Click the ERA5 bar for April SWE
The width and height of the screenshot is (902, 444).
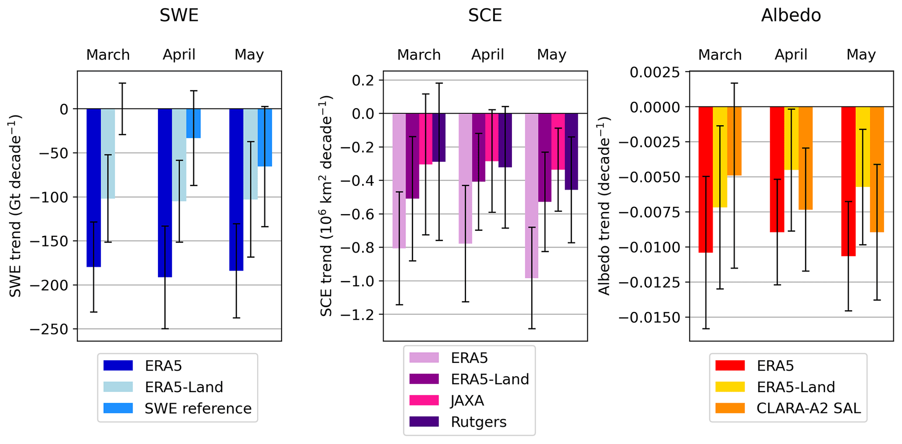165,192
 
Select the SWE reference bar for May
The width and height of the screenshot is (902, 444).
264,137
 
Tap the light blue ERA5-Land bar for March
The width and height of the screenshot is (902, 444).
108,153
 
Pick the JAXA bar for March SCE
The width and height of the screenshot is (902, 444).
425,139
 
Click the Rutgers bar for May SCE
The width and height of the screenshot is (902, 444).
571,151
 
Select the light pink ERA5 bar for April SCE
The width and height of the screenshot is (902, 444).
465,178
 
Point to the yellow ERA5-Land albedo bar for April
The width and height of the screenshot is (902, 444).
791,138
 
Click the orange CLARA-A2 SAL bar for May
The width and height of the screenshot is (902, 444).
877,169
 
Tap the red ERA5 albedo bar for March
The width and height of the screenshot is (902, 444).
706,179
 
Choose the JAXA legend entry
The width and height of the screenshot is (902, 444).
467,400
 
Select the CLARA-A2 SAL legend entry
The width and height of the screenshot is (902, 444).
808,408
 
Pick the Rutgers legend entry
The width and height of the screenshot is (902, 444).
478,422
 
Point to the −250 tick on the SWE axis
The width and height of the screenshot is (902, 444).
49,329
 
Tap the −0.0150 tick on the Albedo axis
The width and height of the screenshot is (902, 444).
649,318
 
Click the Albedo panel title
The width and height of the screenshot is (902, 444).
791,16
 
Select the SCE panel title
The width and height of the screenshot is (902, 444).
485,16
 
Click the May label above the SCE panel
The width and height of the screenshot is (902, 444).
551,55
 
